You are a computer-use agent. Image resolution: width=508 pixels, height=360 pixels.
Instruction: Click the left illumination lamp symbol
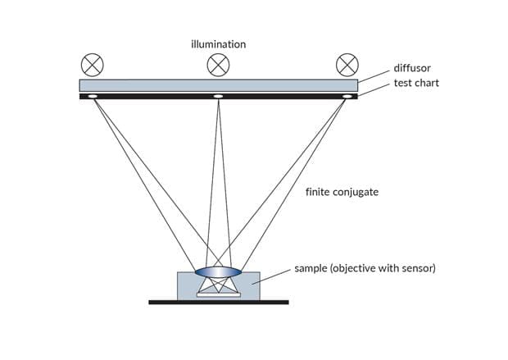(x=91, y=64)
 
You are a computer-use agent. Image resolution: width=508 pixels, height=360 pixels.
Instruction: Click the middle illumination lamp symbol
(x=219, y=64)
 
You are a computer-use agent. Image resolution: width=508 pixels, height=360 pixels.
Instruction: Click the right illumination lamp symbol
(x=347, y=64)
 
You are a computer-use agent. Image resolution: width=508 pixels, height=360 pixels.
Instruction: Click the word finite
(x=321, y=194)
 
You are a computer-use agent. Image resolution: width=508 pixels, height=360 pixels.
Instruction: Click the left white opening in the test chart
(x=92, y=98)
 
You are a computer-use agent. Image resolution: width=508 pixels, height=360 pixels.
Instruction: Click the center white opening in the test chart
(x=219, y=98)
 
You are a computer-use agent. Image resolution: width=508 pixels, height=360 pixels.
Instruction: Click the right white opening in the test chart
(x=346, y=98)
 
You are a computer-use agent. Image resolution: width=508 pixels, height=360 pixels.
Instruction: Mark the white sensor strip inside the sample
(x=219, y=294)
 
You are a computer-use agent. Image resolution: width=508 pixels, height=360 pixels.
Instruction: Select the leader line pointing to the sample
(x=274, y=276)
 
